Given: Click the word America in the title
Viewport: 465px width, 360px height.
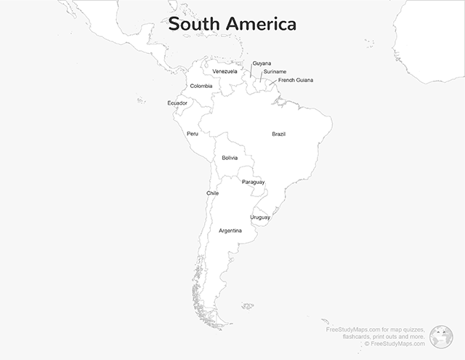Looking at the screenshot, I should click(262, 25).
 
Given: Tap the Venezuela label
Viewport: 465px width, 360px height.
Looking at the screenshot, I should click(225, 71).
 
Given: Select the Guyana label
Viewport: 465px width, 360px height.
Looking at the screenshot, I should click(262, 63).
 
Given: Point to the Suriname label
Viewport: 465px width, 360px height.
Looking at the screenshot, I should click(275, 71).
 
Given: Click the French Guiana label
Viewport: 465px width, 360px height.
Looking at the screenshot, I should click(296, 80).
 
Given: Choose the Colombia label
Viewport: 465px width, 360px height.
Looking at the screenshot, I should click(201, 86).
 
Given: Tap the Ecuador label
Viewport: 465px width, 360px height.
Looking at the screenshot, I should click(177, 103).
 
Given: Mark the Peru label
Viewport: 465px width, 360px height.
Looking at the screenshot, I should click(192, 134).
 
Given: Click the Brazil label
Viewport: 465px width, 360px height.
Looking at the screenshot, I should click(279, 134).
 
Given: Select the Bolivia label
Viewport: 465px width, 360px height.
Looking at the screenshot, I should click(230, 158).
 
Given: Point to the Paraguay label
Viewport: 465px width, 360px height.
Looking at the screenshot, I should click(253, 182).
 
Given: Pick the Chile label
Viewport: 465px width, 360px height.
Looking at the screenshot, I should click(212, 193).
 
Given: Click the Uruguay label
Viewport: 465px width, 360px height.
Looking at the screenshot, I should click(260, 217).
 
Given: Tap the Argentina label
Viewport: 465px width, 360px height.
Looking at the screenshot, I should click(230, 231).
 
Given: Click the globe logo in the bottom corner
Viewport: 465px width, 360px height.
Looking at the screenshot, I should click(441, 335).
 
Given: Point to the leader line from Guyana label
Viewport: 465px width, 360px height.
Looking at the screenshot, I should click(251, 71).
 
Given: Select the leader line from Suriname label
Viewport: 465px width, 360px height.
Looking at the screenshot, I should click(262, 77).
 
